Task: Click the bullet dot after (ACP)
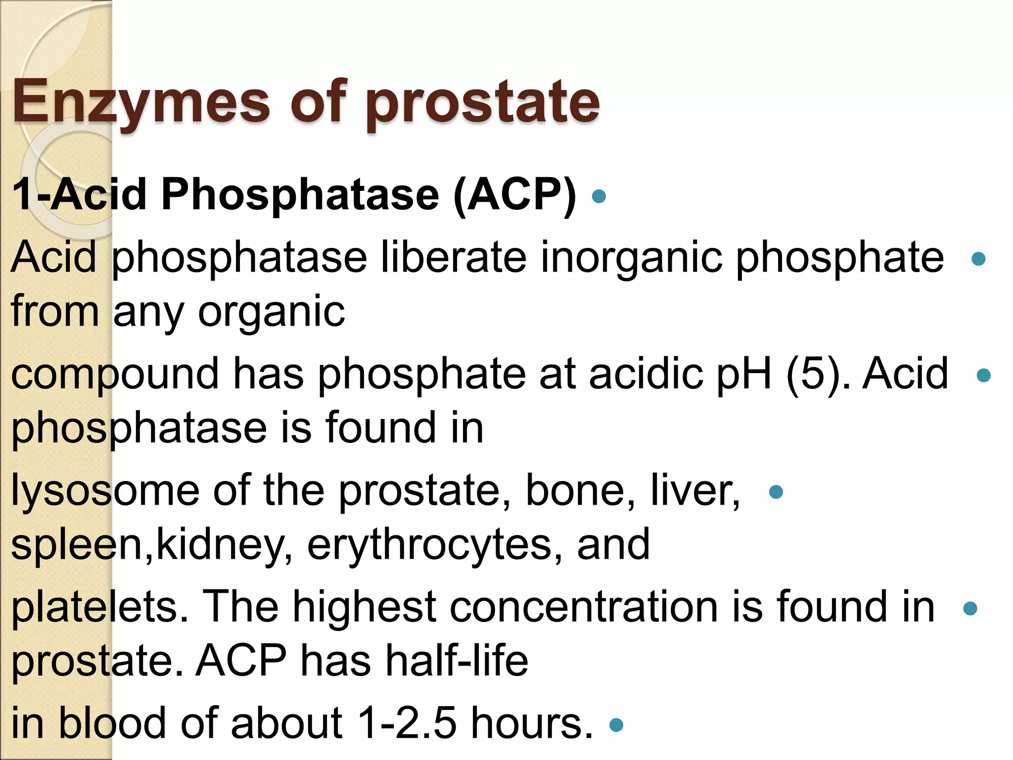(599, 196)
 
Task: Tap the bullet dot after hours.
(616, 725)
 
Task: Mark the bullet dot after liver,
(776, 492)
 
